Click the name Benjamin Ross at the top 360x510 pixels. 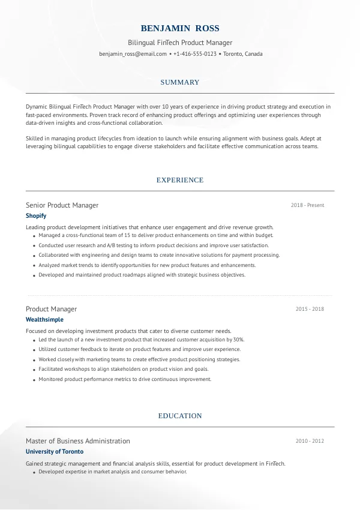(180, 28)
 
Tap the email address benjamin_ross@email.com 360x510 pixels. (133, 54)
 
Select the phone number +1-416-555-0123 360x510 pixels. (194, 54)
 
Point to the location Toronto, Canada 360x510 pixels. (243, 54)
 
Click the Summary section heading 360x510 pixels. (180, 82)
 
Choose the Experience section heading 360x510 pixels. (180, 180)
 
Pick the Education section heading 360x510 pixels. (180, 416)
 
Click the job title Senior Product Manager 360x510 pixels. (62, 205)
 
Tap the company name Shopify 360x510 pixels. (36, 215)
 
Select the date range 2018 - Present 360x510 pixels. (307, 205)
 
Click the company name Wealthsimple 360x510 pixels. (44, 320)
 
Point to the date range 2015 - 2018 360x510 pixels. (310, 309)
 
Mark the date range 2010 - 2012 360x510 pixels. (310, 441)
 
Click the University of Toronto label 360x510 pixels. (55, 451)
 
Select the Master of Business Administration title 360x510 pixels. (77, 441)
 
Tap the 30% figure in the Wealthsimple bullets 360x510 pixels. (238, 340)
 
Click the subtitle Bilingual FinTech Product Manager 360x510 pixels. (180, 43)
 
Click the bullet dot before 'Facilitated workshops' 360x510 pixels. (32, 370)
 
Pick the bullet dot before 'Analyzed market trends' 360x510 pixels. (32, 265)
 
